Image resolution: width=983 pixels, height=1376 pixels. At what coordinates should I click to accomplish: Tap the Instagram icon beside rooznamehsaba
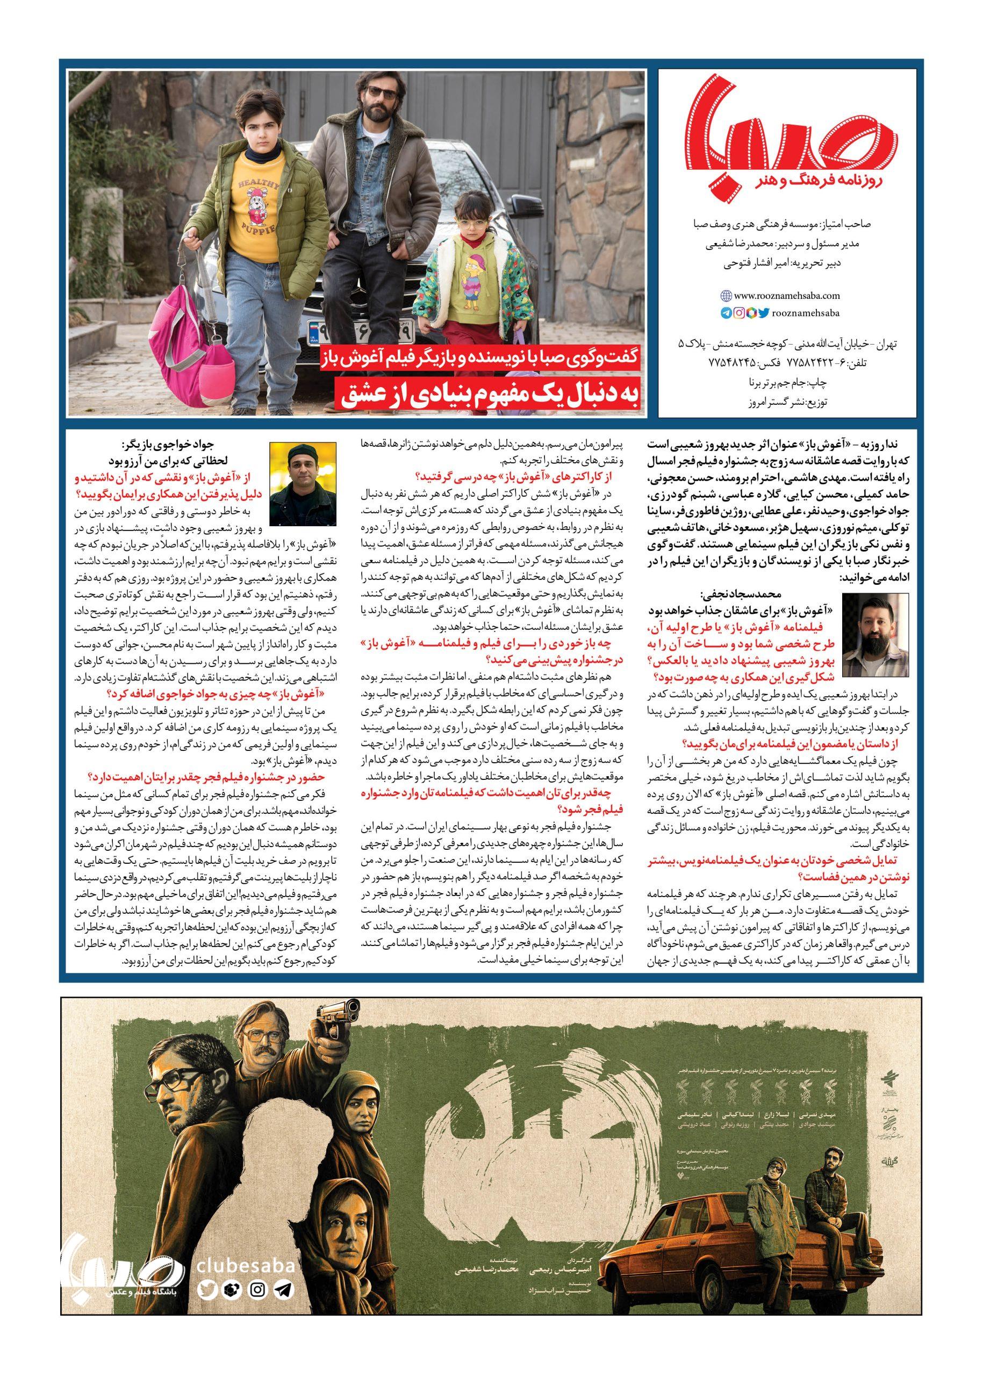click(x=739, y=313)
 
